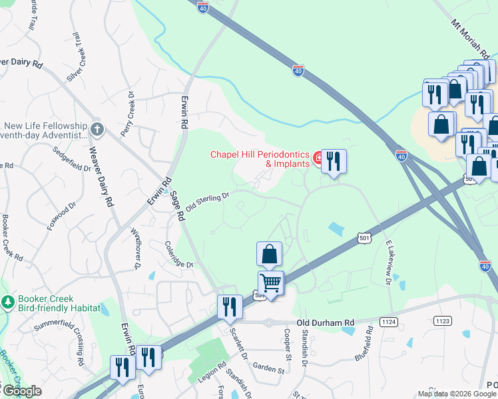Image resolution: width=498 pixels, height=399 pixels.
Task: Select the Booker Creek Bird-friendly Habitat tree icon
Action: pyautogui.click(x=7, y=303)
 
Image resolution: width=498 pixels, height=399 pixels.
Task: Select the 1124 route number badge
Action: pyautogui.click(x=389, y=322)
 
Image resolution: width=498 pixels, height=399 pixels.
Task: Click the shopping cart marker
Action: pyautogui.click(x=271, y=282)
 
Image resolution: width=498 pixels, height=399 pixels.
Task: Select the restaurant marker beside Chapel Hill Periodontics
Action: pyautogui.click(x=334, y=161)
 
